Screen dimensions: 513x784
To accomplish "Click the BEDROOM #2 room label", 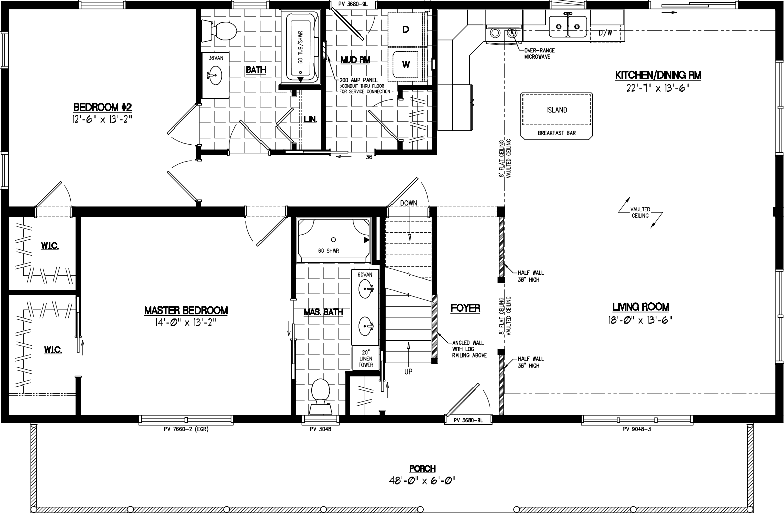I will pos(102,107).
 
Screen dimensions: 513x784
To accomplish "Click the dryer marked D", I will pos(406,30).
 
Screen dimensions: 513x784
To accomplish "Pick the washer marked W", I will pos(406,64).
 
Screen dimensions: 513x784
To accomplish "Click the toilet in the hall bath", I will pos(221,30).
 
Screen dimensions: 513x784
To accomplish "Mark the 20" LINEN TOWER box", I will pos(366,358).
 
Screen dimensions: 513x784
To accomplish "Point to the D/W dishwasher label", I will pos(606,33).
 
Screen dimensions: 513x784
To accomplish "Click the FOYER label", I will pos(465,308).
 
